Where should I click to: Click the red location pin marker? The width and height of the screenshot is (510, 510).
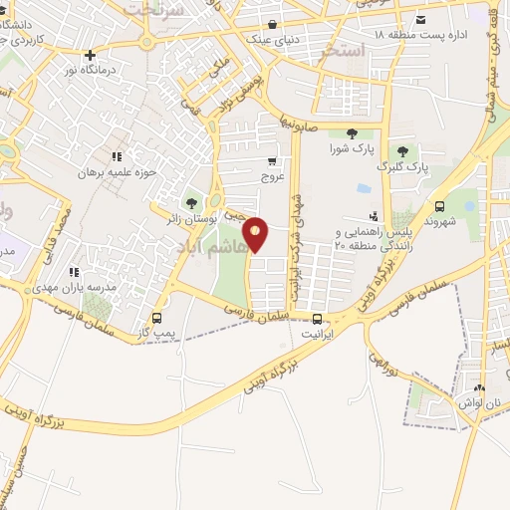256,235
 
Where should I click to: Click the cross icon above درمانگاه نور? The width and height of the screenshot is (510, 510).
91,56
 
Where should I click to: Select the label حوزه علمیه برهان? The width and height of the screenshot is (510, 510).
120,172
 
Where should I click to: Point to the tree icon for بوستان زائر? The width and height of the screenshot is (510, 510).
191,203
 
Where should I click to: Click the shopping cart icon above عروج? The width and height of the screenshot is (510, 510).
272,160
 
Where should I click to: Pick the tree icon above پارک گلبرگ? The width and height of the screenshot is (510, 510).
402,151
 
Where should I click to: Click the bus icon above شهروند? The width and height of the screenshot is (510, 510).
439,205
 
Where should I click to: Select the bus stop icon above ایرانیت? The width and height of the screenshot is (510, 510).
318,320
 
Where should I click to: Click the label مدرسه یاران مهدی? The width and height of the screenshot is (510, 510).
99,287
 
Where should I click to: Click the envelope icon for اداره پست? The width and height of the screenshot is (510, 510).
421,21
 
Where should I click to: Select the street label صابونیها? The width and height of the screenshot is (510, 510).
298,125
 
